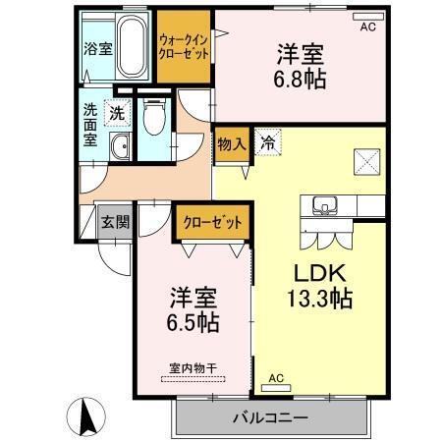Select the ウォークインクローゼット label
184,47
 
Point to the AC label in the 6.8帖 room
367,28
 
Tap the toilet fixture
153,122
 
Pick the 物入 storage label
231,143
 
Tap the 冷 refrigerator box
267,143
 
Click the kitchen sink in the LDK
324,206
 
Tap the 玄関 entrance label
115,222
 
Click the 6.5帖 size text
193,321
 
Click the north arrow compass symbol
85,416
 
